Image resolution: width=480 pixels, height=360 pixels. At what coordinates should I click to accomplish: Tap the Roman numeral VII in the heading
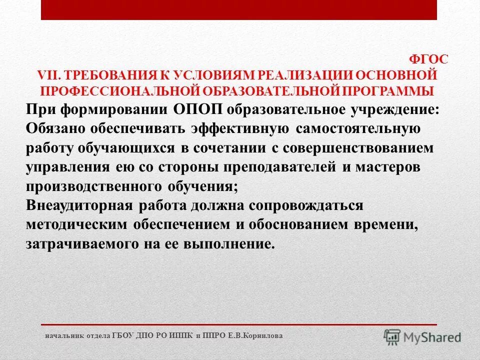pos(48,75)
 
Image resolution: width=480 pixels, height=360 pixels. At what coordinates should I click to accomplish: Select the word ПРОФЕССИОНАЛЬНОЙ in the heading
pos(116,91)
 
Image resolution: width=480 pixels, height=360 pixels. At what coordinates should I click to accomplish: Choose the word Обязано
pos(55,128)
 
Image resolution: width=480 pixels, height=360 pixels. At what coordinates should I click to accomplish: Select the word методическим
pos(76,224)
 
